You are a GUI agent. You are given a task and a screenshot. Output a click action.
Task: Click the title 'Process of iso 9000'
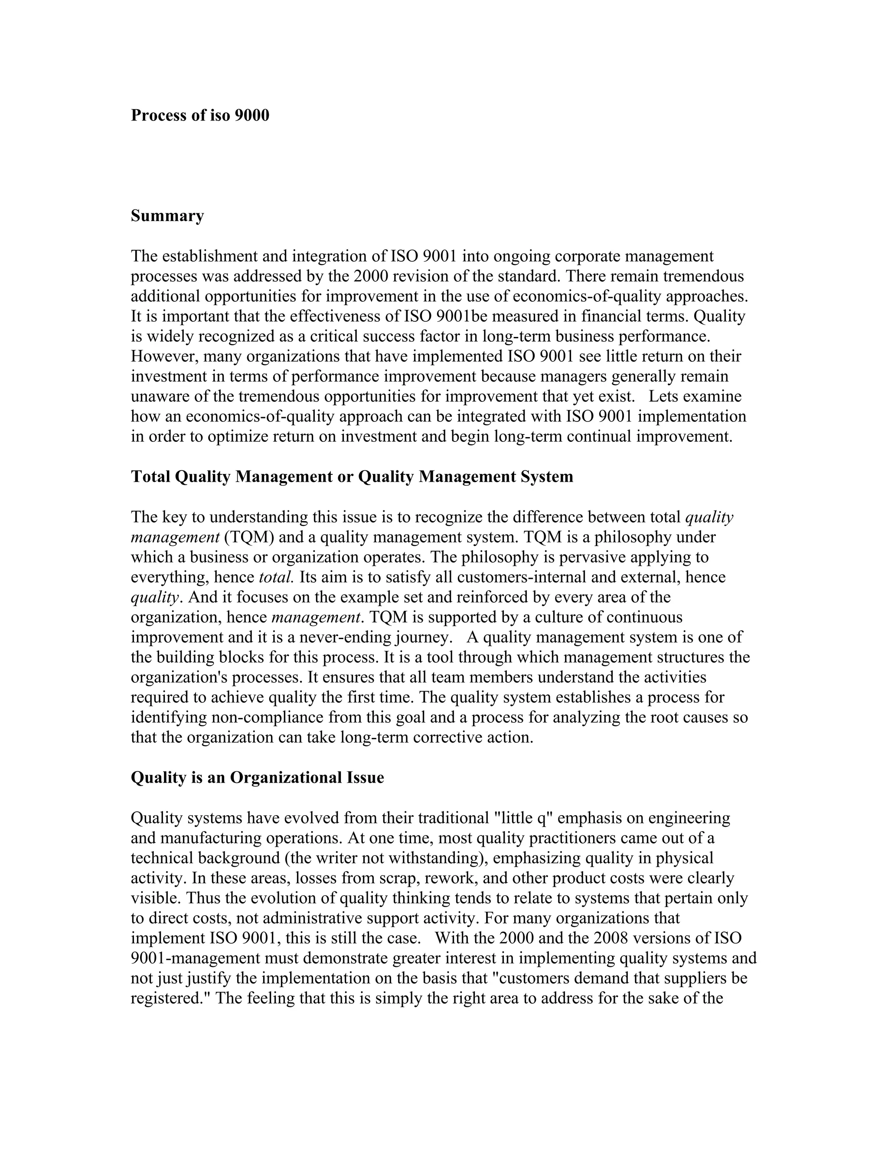200,115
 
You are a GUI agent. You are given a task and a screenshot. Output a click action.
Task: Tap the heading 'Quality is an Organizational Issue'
257,777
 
